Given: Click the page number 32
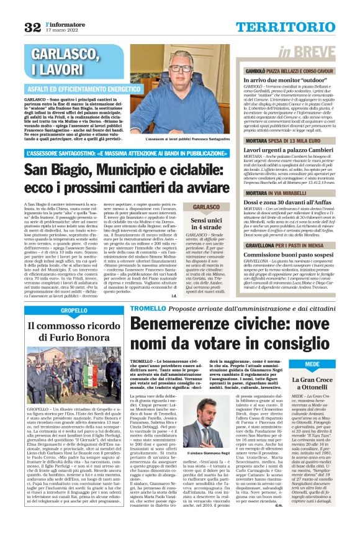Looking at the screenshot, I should pyautogui.click(x=31, y=26).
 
